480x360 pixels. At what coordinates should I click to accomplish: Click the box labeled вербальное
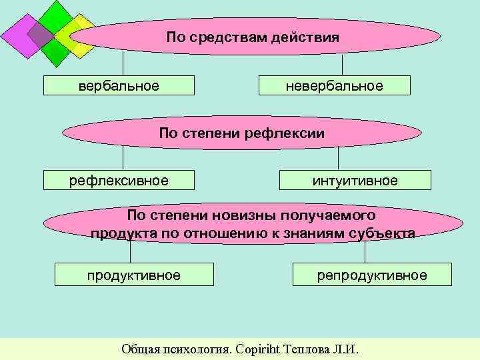point(119,86)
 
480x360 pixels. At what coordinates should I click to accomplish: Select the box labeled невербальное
point(334,86)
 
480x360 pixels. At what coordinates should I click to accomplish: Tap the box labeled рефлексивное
point(119,181)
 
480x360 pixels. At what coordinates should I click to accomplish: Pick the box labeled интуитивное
point(355,181)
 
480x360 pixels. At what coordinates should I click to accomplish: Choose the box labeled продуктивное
point(133,275)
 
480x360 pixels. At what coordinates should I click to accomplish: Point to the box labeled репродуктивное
point(371,275)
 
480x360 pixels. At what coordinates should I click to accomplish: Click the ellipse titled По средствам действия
point(253,37)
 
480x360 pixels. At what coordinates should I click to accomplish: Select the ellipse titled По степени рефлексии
point(241,133)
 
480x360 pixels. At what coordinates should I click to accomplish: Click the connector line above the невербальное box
point(342,65)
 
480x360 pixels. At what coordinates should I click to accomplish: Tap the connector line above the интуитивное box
point(338,158)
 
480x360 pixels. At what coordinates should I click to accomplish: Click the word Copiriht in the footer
point(263,349)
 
